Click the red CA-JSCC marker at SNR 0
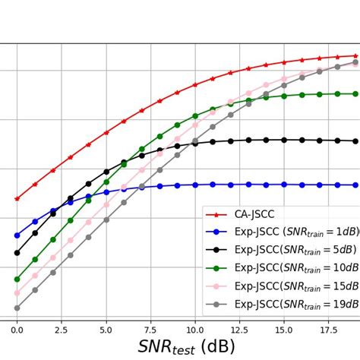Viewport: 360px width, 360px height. click(17, 198)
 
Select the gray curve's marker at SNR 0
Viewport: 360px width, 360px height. click(17, 308)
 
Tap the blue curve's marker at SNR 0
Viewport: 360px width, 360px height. click(17, 235)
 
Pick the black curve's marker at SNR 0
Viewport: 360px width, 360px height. click(17, 253)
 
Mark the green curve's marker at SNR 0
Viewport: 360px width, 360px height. click(17, 279)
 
